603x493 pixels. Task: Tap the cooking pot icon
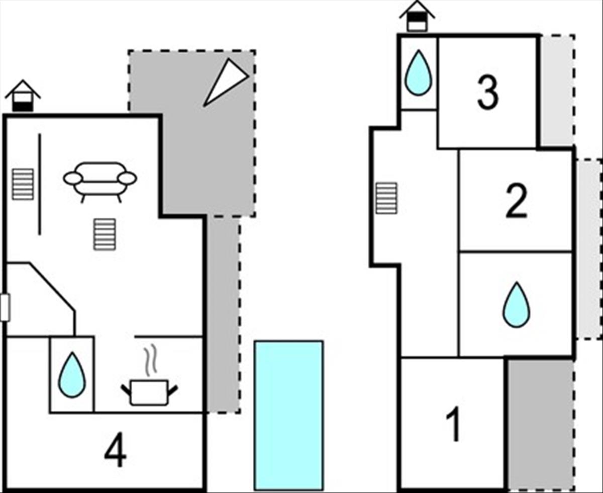pyautogui.click(x=149, y=392)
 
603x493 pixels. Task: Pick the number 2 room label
pyautogui.click(x=516, y=201)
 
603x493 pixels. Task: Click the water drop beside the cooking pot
pyautogui.click(x=72, y=375)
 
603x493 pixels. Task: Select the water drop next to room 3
pyautogui.click(x=418, y=73)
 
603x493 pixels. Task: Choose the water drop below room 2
pyautogui.click(x=516, y=304)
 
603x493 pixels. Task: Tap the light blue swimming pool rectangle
pyautogui.click(x=288, y=415)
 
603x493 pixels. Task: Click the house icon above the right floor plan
pyautogui.click(x=417, y=16)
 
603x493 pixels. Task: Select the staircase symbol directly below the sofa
pyautogui.click(x=105, y=234)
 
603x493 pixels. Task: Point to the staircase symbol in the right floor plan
pyautogui.click(x=386, y=198)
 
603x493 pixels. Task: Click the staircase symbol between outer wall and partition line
pyautogui.click(x=23, y=184)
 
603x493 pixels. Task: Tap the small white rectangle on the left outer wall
pyautogui.click(x=5, y=307)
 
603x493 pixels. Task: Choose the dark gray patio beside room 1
pyautogui.click(x=540, y=423)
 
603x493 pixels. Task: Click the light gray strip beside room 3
pyautogui.click(x=556, y=91)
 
